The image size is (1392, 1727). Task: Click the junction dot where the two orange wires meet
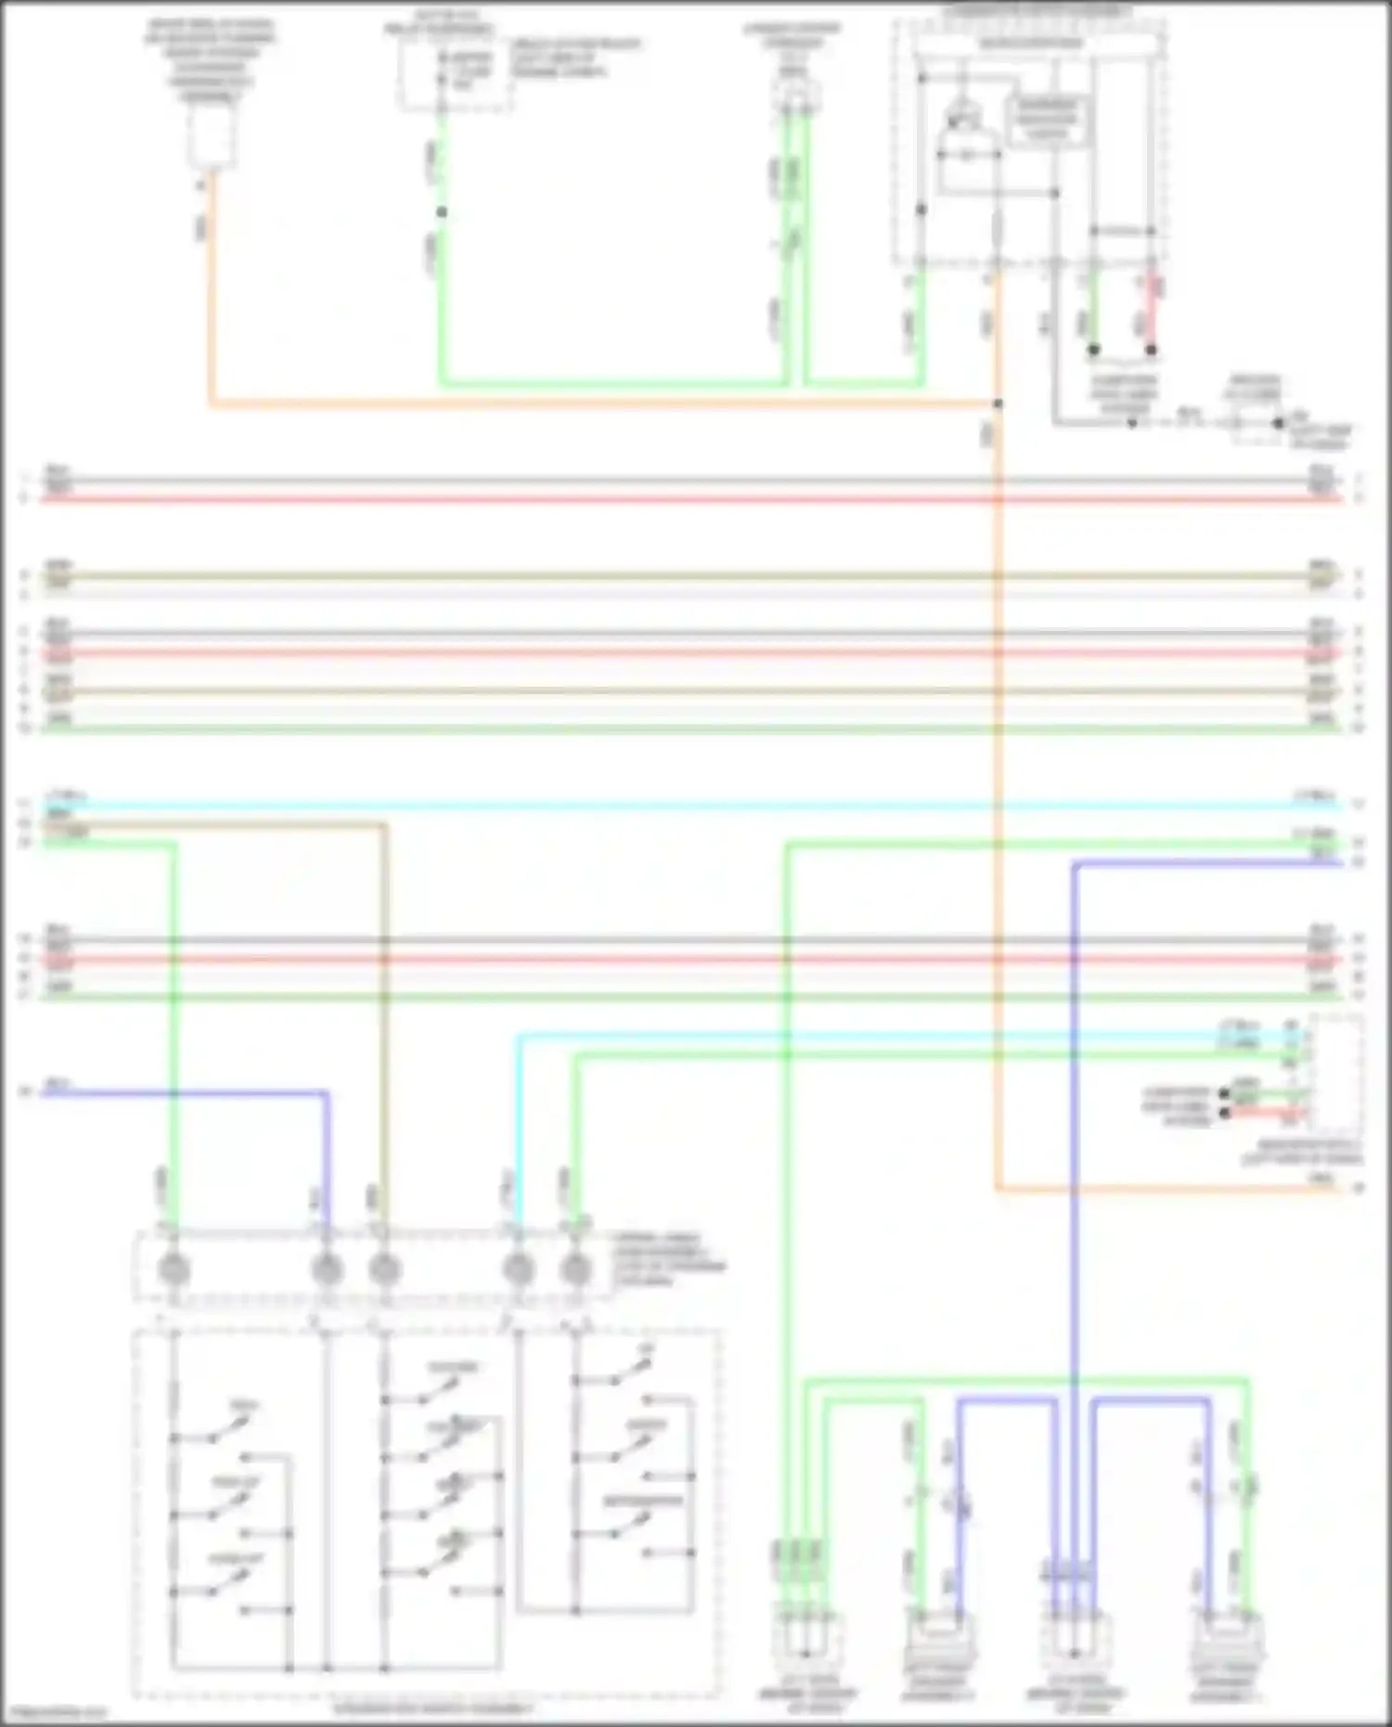tap(998, 404)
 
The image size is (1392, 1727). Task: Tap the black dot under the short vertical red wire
tap(1151, 350)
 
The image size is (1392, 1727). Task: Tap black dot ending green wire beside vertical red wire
tap(1094, 350)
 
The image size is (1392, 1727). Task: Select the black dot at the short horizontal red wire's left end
tap(1224, 1112)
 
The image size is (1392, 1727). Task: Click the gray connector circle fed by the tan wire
tap(384, 1269)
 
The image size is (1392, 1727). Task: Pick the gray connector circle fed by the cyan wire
tap(518, 1269)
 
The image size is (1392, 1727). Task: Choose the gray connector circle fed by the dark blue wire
tap(326, 1269)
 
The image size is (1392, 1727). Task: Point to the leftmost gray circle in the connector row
tap(174, 1269)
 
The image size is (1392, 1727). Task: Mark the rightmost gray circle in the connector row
tap(576, 1269)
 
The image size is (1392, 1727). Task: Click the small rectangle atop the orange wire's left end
tap(211, 135)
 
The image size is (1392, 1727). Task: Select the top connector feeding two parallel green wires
tap(795, 94)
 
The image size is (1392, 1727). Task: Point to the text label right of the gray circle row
tap(668, 1259)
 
